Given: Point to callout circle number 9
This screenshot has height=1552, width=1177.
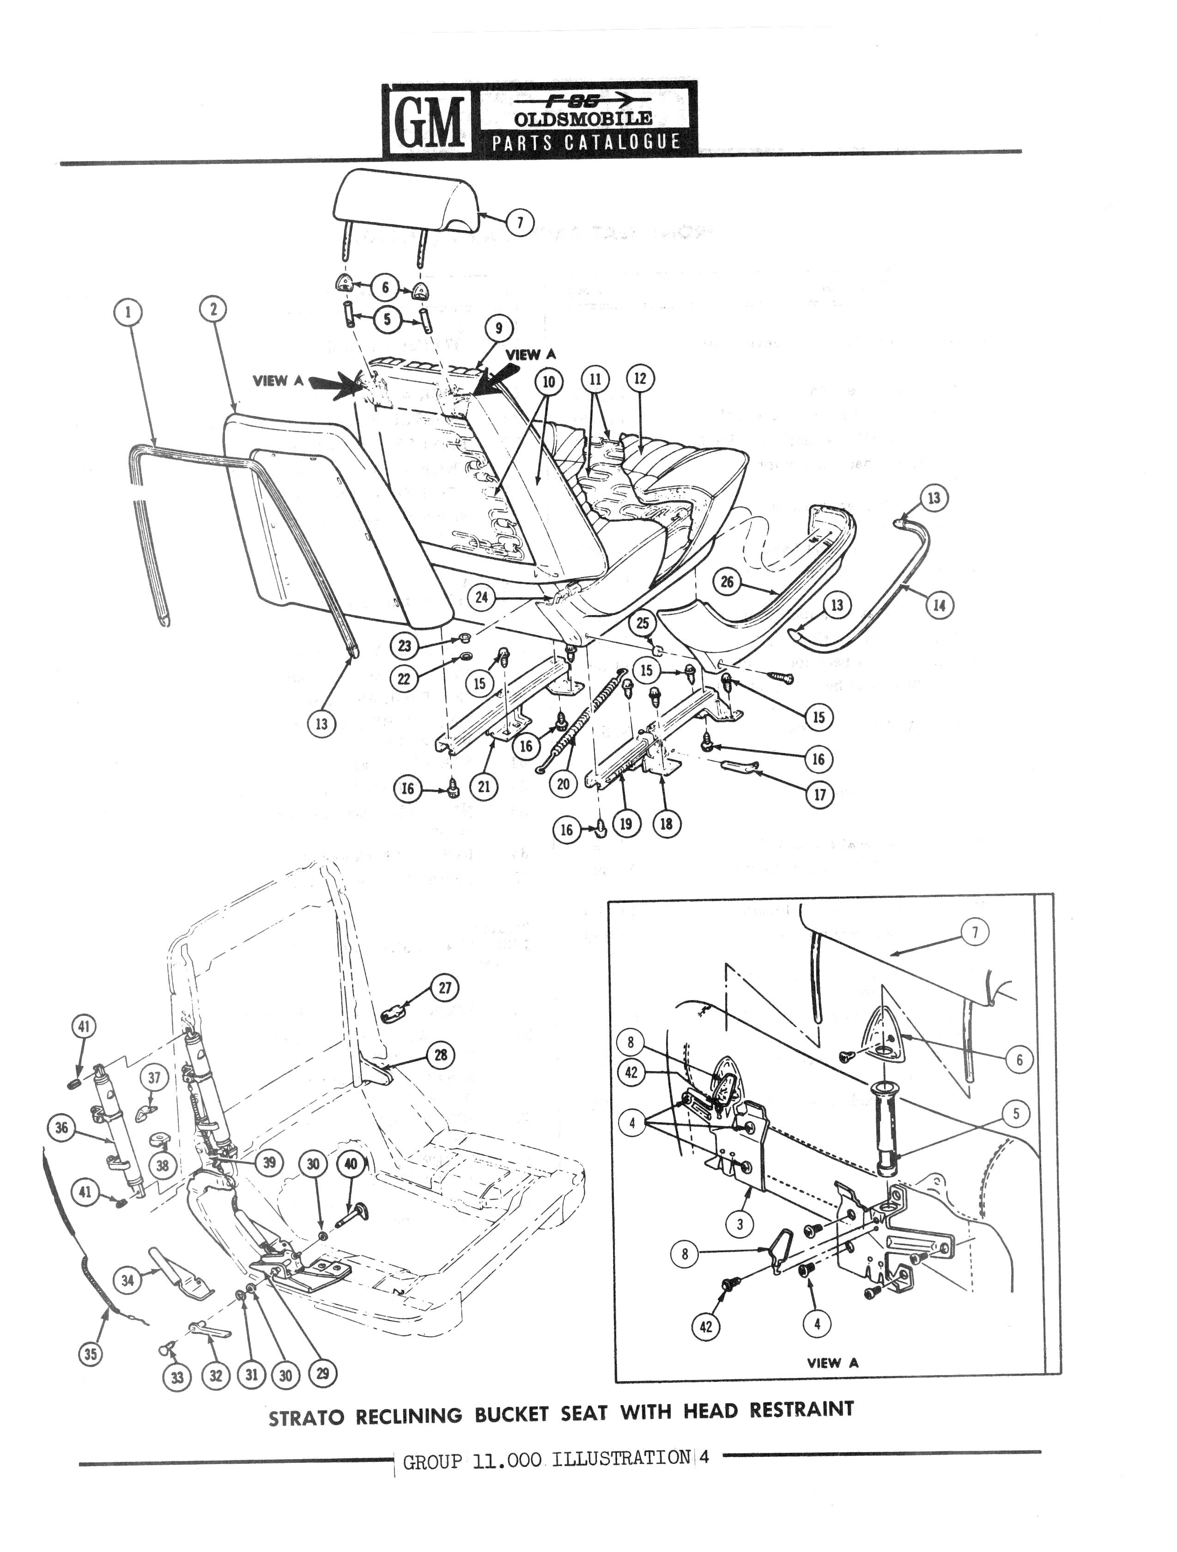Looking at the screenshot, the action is tap(498, 328).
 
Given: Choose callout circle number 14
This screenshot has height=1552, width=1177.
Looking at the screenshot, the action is tap(939, 605).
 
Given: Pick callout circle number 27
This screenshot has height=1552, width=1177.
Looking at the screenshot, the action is tap(445, 988).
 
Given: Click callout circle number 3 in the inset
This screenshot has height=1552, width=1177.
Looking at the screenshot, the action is tap(739, 1225).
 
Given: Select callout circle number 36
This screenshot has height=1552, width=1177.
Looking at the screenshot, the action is tap(62, 1128).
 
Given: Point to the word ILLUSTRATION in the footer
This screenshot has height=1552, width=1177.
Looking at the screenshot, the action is tap(621, 1459).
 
